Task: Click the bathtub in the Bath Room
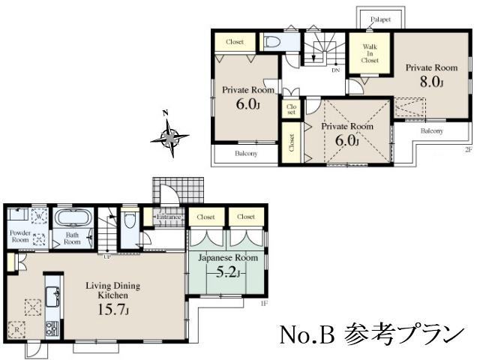tap(73, 221)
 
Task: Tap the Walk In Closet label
tap(370, 55)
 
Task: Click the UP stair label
tap(106, 256)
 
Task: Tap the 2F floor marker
tap(467, 149)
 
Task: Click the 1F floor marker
tap(263, 303)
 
